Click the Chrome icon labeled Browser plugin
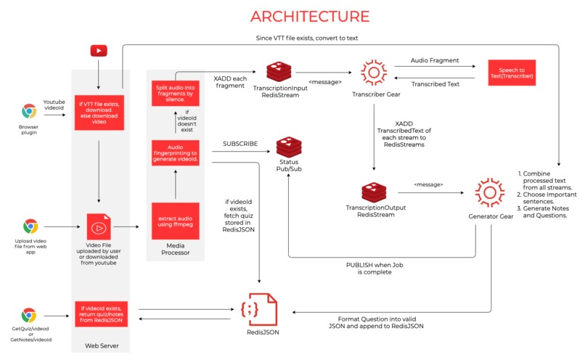point(29,111)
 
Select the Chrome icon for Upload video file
point(30,226)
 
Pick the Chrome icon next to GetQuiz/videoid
point(29,315)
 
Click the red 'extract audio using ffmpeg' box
point(175,221)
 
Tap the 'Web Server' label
point(101,345)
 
